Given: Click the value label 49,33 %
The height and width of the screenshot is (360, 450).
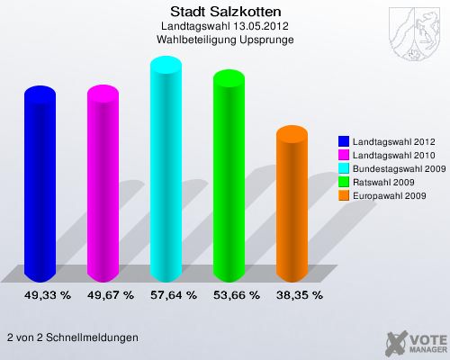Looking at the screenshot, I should (x=47, y=294).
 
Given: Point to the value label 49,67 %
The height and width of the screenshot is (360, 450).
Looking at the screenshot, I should (x=110, y=294).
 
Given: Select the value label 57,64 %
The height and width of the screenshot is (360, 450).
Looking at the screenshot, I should (x=173, y=294).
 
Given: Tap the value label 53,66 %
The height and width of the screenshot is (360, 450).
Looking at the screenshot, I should (x=236, y=294).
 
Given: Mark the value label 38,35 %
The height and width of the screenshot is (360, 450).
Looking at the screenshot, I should (x=299, y=294).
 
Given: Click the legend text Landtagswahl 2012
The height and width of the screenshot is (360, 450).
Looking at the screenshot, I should (x=393, y=141).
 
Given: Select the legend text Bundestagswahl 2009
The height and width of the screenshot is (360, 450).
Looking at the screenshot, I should (x=399, y=168).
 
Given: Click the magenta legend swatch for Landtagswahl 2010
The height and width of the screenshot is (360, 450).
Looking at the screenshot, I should (x=344, y=155).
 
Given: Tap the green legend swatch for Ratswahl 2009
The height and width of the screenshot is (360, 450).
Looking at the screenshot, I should (x=344, y=182).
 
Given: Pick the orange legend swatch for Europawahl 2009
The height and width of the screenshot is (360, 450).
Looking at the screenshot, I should (x=344, y=195).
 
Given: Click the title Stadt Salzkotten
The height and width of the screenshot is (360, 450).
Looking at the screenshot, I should (x=225, y=12).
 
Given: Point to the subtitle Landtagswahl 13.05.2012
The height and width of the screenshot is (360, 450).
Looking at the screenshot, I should (x=225, y=26).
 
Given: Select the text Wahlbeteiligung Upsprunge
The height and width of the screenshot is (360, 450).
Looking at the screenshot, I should (x=225, y=40).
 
